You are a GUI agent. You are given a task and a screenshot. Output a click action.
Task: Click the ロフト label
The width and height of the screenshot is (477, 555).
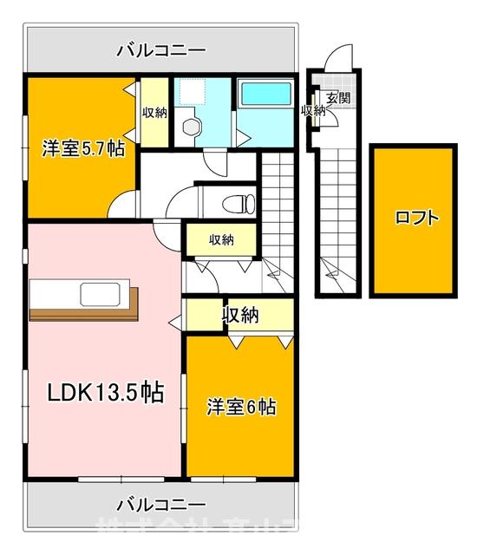click(415, 218)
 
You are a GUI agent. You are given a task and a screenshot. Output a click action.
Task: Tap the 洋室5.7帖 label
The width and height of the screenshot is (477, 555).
click(83, 148)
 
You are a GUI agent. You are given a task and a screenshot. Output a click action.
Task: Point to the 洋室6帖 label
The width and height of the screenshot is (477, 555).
click(240, 405)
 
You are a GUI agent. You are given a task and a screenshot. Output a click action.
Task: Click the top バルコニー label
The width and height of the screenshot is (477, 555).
click(161, 51)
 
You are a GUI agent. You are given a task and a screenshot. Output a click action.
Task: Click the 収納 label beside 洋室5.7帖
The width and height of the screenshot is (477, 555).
click(154, 113)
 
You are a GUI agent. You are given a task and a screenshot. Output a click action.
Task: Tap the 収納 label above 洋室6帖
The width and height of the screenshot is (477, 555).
click(242, 315)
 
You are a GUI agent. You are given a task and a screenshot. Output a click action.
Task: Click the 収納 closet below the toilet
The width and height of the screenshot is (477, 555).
click(221, 240)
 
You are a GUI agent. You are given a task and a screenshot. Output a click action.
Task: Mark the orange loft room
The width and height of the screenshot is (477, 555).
click(415, 251)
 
